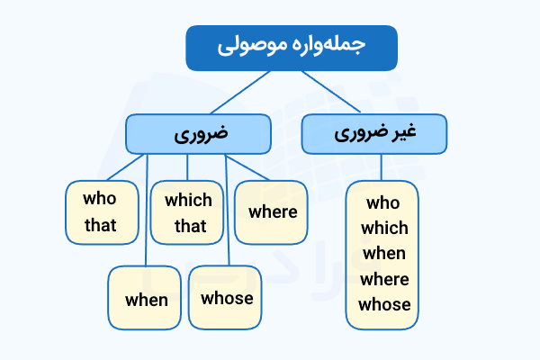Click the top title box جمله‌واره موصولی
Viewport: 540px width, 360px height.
coord(278,49)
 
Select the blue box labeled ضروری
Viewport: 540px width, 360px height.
coord(199,134)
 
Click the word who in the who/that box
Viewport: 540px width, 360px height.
coord(100,200)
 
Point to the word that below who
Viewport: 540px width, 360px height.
coord(100,225)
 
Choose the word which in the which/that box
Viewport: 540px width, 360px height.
coord(189,200)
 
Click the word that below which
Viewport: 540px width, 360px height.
coord(189,225)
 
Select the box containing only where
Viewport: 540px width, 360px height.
coord(272,212)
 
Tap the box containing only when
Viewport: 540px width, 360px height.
coord(147,299)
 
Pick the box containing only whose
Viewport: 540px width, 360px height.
coord(227,298)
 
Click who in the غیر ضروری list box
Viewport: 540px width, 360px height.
coord(383,202)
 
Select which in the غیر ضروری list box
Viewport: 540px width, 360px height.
coord(383,228)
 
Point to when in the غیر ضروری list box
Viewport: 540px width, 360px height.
coord(383,253)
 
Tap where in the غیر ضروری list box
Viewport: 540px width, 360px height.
coord(383,278)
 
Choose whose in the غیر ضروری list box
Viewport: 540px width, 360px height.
coord(383,304)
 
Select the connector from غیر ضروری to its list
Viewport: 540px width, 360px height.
coord(382,167)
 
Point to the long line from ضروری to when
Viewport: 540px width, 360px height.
coord(146,216)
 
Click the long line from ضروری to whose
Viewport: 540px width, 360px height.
coord(227,216)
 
